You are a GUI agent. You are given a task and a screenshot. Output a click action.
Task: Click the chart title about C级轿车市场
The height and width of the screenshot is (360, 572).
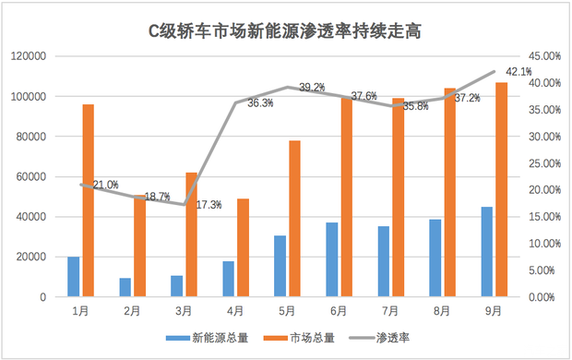(285, 31)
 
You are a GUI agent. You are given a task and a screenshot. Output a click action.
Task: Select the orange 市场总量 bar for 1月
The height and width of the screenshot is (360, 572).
(88, 200)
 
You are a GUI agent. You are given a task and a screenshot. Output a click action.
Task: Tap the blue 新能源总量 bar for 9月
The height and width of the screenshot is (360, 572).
(486, 252)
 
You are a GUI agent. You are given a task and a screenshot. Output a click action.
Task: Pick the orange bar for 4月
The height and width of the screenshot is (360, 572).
(243, 247)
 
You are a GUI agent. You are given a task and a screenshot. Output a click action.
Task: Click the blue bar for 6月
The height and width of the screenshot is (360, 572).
(331, 259)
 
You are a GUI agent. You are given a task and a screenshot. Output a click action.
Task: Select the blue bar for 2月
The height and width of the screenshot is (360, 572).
(125, 287)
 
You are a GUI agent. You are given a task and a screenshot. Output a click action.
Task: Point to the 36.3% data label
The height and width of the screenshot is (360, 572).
(260, 103)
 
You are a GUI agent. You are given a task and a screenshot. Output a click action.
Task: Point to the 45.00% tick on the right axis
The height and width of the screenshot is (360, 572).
(542, 56)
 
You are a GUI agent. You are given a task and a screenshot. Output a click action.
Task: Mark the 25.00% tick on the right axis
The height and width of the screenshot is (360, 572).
(542, 163)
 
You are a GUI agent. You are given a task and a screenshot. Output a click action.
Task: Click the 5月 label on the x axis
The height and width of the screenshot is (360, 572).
(287, 312)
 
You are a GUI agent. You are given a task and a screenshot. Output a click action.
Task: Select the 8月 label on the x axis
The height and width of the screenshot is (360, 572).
(442, 312)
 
